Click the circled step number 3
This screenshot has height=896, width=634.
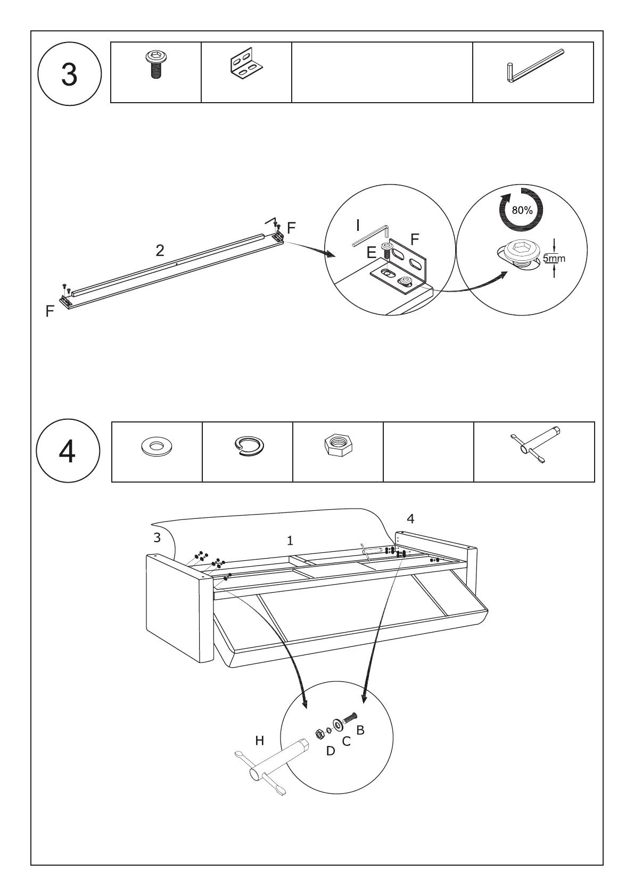69,74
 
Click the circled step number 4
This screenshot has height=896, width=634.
68,452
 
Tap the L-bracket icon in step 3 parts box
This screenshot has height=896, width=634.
246,66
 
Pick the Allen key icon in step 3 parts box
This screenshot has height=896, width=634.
532,68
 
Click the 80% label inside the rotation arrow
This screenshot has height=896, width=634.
522,210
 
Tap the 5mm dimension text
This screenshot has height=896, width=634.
555,259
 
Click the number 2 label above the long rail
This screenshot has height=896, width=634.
160,250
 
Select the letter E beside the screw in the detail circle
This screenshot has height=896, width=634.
372,253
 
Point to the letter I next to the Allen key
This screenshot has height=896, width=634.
358,226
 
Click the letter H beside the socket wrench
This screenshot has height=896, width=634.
260,741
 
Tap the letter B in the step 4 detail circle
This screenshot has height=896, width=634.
360,731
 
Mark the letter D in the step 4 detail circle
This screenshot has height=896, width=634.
331,751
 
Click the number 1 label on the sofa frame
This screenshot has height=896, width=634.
290,541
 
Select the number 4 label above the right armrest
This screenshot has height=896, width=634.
410,518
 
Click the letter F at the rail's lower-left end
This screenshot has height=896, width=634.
50,312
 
